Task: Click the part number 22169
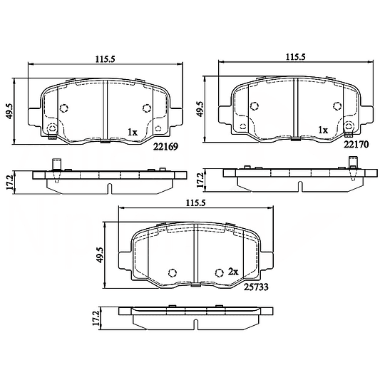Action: (165, 147)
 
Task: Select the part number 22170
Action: (356, 145)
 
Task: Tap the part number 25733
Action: (256, 287)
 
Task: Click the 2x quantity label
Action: (233, 272)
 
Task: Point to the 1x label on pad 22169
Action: (133, 133)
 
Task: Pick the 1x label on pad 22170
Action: (323, 130)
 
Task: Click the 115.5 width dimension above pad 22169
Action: (106, 59)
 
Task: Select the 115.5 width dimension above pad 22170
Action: (296, 57)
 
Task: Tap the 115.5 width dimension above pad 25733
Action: (195, 203)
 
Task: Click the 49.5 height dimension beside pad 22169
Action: (9, 111)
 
